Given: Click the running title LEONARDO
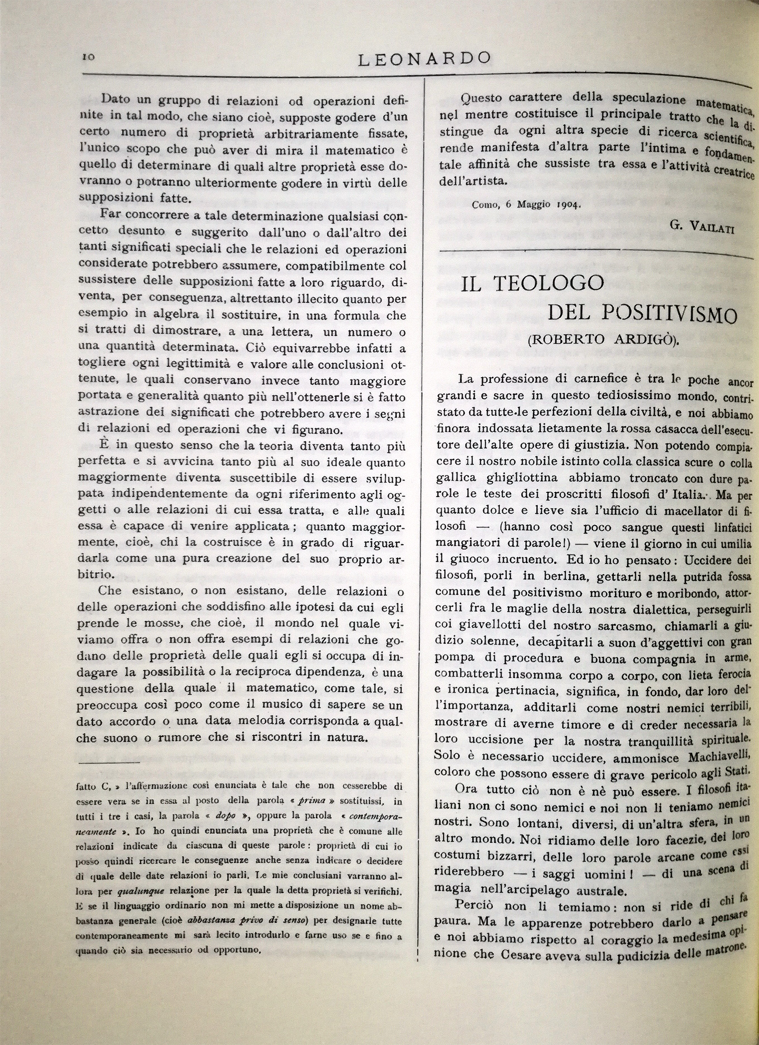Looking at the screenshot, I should [x=424, y=59].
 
